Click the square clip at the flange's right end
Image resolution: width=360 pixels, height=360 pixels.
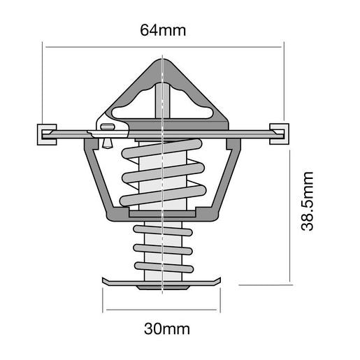coord(278,132)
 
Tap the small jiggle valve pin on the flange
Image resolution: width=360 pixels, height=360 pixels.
coord(107,133)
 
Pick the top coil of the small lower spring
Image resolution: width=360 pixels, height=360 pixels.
coord(162,230)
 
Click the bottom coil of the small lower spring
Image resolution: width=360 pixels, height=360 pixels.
coord(162,266)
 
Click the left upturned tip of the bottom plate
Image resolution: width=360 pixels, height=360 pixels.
coord(107,281)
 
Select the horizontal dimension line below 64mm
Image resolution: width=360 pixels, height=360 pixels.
coord(162,47)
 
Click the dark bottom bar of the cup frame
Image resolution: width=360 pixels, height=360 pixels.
coord(162,215)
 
